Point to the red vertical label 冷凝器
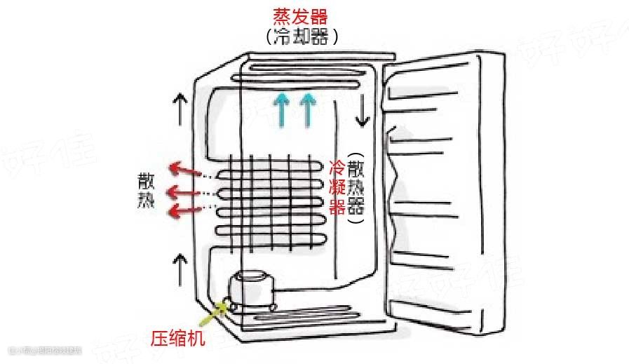click(x=337, y=187)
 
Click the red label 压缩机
click(x=179, y=339)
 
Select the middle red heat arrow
click(x=184, y=191)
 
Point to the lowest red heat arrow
click(x=184, y=208)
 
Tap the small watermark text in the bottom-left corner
click(x=45, y=349)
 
